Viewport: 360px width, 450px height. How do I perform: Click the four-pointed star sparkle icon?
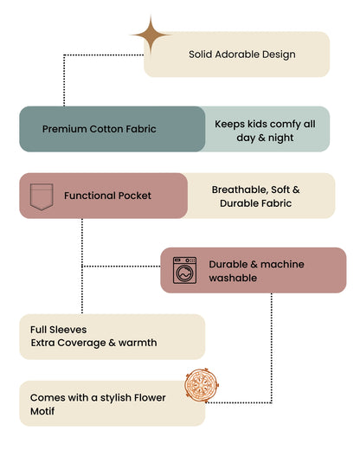pos(151,35)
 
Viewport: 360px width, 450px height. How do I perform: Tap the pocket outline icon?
pos(42,196)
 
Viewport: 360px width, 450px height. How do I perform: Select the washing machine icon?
pos(184,270)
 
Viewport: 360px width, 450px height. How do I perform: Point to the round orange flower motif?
pos(202,385)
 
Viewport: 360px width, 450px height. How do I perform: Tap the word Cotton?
pos(106,129)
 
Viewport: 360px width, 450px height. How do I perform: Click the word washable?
pos(233,278)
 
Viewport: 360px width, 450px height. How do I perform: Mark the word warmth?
pos(138,343)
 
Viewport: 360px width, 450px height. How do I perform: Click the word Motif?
pos(42,411)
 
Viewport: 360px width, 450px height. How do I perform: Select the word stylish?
pos(115,398)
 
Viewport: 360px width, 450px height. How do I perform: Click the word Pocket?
pos(135,196)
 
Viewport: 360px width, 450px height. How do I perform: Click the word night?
pos(281,138)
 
